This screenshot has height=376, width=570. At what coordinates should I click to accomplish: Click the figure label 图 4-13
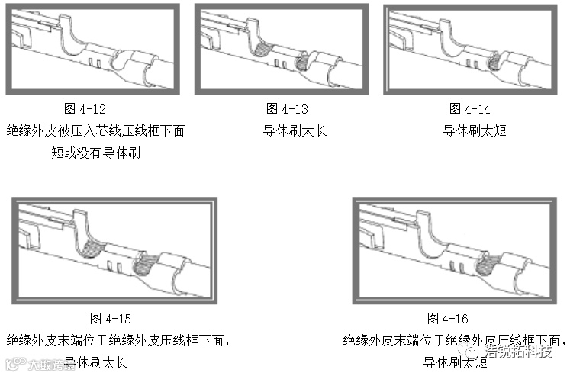287,109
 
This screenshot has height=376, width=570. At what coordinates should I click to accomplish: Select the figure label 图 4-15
110,319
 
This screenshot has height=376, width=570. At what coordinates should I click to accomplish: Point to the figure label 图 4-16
448,319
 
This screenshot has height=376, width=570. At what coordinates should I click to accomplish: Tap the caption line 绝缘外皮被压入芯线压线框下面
95,130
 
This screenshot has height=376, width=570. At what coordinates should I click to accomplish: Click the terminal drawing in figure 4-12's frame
93,50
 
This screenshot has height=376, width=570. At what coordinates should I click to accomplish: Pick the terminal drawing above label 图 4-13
282,50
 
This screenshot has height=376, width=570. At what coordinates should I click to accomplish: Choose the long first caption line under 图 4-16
454,340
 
